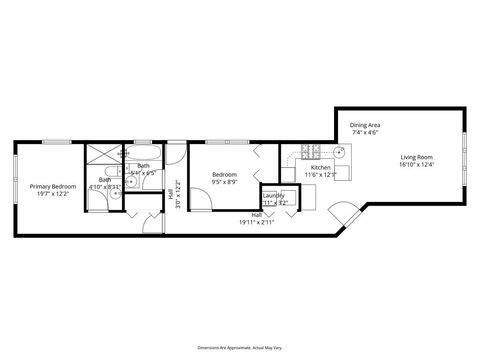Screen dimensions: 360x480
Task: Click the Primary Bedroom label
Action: pos(52,185)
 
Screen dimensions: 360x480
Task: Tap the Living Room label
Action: pos(416,157)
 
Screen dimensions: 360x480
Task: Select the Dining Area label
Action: pos(365,125)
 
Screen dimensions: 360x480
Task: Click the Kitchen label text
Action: pos(320,167)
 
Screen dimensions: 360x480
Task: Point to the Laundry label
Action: pos(274,195)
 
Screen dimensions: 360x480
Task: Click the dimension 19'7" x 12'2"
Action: pos(53,193)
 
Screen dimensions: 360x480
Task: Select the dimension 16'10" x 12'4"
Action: pos(416,165)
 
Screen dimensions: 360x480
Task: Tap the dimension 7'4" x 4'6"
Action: pos(365,133)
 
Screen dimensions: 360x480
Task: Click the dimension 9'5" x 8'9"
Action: pos(224,182)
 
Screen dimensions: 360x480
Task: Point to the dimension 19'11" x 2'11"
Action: pos(257,222)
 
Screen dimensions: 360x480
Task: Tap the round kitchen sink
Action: pos(340,152)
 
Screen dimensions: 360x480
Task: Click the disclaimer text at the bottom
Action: pos(239,342)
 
